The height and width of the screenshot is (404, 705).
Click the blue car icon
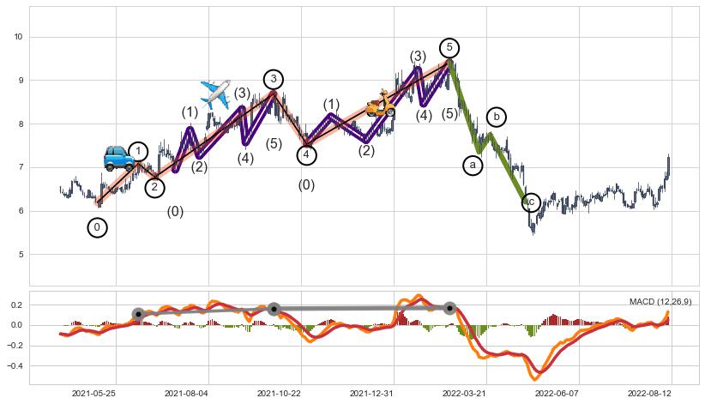(x=119, y=158)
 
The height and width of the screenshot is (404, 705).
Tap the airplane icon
(x=215, y=93)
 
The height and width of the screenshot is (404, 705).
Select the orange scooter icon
(x=380, y=105)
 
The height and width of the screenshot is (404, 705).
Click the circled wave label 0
(x=98, y=227)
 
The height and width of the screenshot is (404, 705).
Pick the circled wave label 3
(x=273, y=80)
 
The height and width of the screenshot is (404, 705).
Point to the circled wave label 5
(x=449, y=48)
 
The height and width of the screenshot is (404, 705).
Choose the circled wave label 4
(x=307, y=155)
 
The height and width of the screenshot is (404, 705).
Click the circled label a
(x=473, y=166)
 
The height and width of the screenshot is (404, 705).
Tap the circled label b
(x=496, y=117)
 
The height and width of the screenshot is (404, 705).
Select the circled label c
(x=531, y=202)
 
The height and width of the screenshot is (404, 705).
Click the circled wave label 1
(x=138, y=152)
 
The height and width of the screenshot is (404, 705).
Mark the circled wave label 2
(x=154, y=187)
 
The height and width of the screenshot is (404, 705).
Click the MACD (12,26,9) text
(x=660, y=302)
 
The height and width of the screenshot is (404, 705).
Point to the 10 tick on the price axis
(x=19, y=37)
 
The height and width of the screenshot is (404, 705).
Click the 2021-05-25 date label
(x=93, y=394)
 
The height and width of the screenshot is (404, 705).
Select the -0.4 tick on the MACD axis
(x=15, y=365)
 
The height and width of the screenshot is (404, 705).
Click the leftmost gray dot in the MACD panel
(x=138, y=314)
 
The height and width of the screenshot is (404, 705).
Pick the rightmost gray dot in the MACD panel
(x=449, y=307)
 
